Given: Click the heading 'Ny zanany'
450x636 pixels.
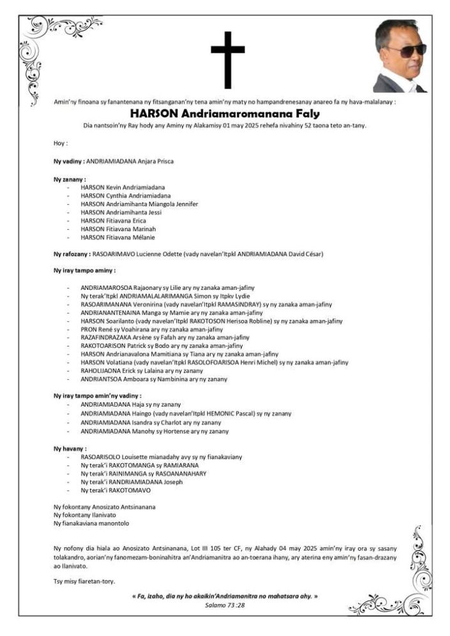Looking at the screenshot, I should coord(70,179).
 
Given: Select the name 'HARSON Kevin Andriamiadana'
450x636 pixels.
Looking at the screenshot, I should coord(118,187).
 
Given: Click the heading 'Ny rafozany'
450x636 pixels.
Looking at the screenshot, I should coord(71,254).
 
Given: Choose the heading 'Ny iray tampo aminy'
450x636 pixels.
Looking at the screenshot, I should coord(80,271).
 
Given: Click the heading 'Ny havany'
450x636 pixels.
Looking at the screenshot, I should coord(70,449).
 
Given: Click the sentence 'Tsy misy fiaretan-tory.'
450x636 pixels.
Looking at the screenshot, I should coord(84,580).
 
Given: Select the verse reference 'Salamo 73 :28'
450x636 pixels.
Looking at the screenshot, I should coord(225,604).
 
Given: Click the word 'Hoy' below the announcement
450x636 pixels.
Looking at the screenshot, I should coord(60,143).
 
